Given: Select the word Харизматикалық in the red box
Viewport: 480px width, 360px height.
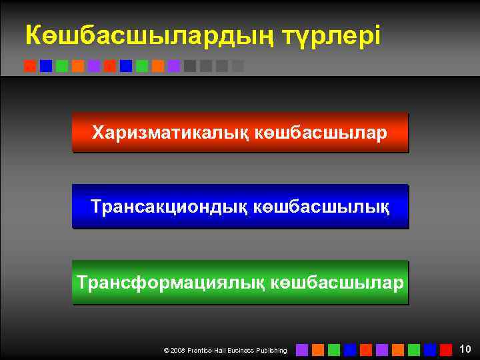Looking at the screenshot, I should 171,133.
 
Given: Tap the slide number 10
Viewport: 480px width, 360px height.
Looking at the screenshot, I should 465,348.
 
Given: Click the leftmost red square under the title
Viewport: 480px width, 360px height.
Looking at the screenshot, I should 30,66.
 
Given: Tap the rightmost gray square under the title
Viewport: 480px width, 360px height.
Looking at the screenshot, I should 238,66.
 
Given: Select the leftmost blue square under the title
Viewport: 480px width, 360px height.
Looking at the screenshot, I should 46,66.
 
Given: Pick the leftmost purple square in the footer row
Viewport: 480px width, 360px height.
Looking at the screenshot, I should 302,349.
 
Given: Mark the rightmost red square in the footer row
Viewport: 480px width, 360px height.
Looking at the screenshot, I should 446,349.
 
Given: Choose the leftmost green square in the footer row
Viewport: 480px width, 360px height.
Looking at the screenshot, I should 334,349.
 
